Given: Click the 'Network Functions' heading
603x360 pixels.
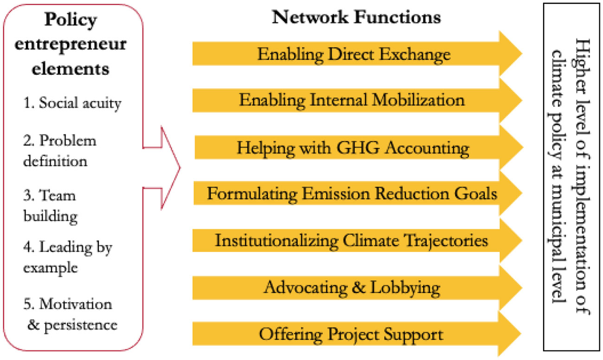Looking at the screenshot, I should (x=356, y=18).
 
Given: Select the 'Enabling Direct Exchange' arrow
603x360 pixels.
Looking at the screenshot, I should (x=354, y=54).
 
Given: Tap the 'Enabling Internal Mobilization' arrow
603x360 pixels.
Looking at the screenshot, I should (x=352, y=100).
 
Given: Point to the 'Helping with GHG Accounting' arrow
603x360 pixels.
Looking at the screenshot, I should (x=353, y=148).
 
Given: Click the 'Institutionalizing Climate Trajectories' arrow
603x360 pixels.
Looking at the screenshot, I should (x=352, y=241).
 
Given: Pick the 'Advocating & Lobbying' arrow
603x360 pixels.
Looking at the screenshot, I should (x=352, y=287).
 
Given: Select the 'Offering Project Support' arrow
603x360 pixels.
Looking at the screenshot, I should (x=350, y=334).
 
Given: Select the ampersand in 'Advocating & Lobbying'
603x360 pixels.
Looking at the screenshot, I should (x=360, y=288).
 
